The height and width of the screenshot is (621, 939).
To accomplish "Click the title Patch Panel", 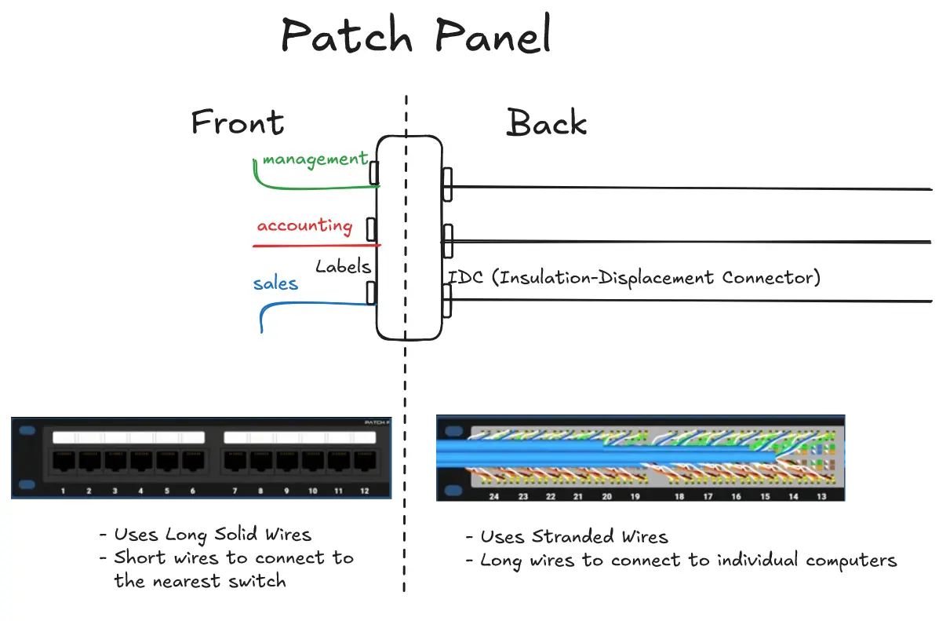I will click(416, 36).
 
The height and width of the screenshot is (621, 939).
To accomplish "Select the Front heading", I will click(238, 123).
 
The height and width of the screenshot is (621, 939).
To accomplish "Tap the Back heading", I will click(547, 123).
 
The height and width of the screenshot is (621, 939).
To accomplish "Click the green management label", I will click(315, 159).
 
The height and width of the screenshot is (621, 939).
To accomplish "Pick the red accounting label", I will click(304, 226).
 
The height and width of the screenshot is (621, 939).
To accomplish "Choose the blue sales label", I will click(275, 283).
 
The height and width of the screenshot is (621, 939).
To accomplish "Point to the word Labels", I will click(343, 266).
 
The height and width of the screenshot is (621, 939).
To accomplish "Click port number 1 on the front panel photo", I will click(63, 491).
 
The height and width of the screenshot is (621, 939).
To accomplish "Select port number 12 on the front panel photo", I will click(363, 491).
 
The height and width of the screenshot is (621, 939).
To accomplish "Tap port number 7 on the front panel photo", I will click(235, 491).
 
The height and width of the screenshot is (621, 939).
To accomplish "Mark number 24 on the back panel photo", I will click(494, 497).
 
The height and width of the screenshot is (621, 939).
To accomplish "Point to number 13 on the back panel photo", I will click(821, 497).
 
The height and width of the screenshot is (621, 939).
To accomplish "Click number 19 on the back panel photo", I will click(635, 497).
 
